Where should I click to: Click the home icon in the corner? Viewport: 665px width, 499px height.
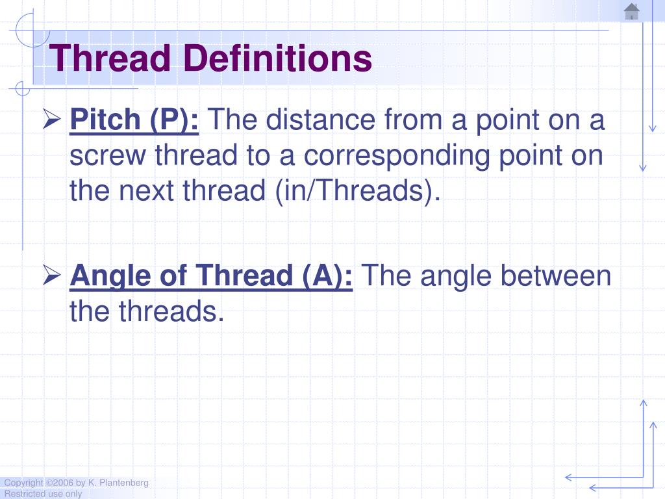coord(631,12)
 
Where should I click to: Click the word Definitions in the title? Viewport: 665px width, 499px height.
coord(277,58)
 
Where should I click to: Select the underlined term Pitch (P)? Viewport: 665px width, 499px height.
coord(134,120)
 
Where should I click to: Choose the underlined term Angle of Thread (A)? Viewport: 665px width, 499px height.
coord(211,276)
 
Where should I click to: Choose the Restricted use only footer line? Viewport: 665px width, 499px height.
coord(43,494)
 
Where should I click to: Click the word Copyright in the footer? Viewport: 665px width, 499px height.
coord(23,483)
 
